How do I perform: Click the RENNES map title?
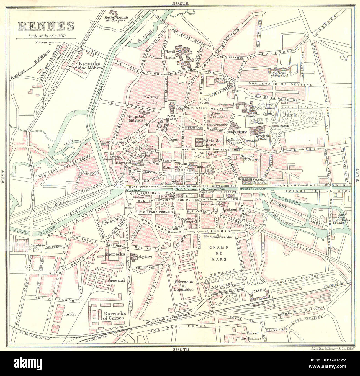coord(47,26)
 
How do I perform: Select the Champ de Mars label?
coord(218,253)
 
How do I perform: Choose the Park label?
coord(294,114)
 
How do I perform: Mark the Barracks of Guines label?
coord(115,316)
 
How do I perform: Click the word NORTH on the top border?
coord(180,3)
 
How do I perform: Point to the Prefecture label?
coord(236,132)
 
